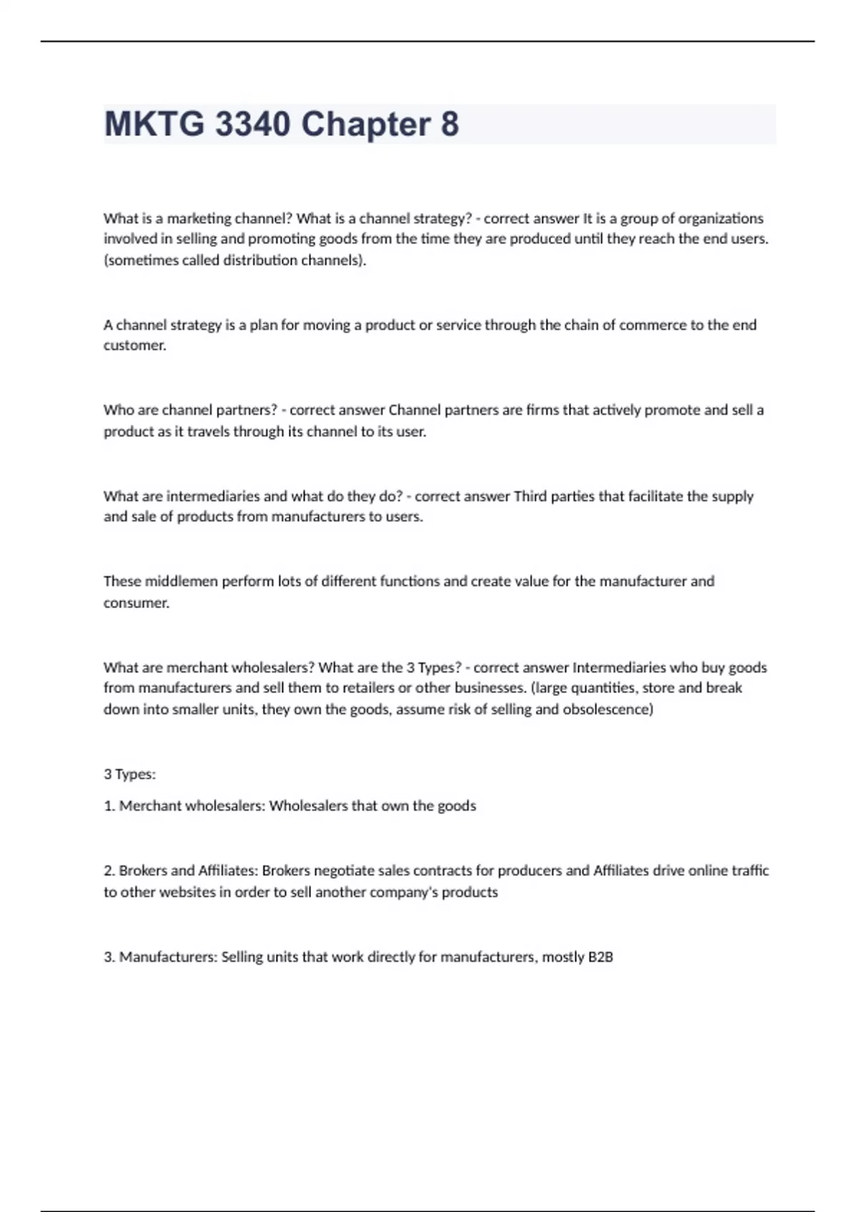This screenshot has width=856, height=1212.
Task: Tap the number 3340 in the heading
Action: [x=253, y=124]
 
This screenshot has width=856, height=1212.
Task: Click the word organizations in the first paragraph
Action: [x=720, y=218]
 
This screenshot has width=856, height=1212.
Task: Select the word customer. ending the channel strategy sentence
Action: [x=135, y=346]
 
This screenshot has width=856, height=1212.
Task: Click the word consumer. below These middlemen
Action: [x=136, y=603]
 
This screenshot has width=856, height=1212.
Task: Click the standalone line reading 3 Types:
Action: [x=130, y=774]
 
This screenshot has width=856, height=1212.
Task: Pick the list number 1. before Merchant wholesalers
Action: [x=109, y=806]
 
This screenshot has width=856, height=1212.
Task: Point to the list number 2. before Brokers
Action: [x=109, y=871]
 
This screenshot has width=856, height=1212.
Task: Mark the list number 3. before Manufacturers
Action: [x=109, y=957]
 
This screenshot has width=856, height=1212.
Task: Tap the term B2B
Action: [x=600, y=957]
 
